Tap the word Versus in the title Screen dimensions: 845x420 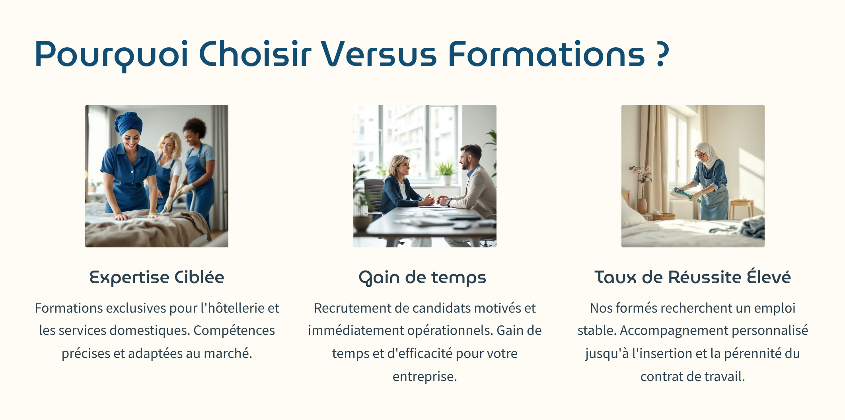(x=379, y=54)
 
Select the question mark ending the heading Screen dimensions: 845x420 (x=662, y=54)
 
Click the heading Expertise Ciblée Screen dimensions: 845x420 (x=157, y=277)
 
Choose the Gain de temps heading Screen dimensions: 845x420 (x=422, y=278)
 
